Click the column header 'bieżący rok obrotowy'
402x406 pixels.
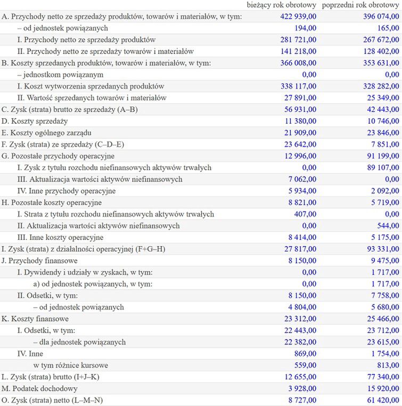(282, 5)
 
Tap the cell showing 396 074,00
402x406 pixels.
(379, 17)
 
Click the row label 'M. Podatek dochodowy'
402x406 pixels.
(40, 388)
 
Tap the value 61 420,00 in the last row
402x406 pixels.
(381, 400)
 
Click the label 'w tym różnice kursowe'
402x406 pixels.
(70, 366)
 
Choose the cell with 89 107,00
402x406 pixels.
(381, 168)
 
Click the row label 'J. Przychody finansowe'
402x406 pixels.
(40, 261)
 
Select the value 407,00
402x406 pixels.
(306, 214)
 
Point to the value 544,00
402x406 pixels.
(388, 226)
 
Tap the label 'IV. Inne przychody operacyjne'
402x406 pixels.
(66, 191)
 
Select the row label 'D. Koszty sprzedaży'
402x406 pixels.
(36, 121)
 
